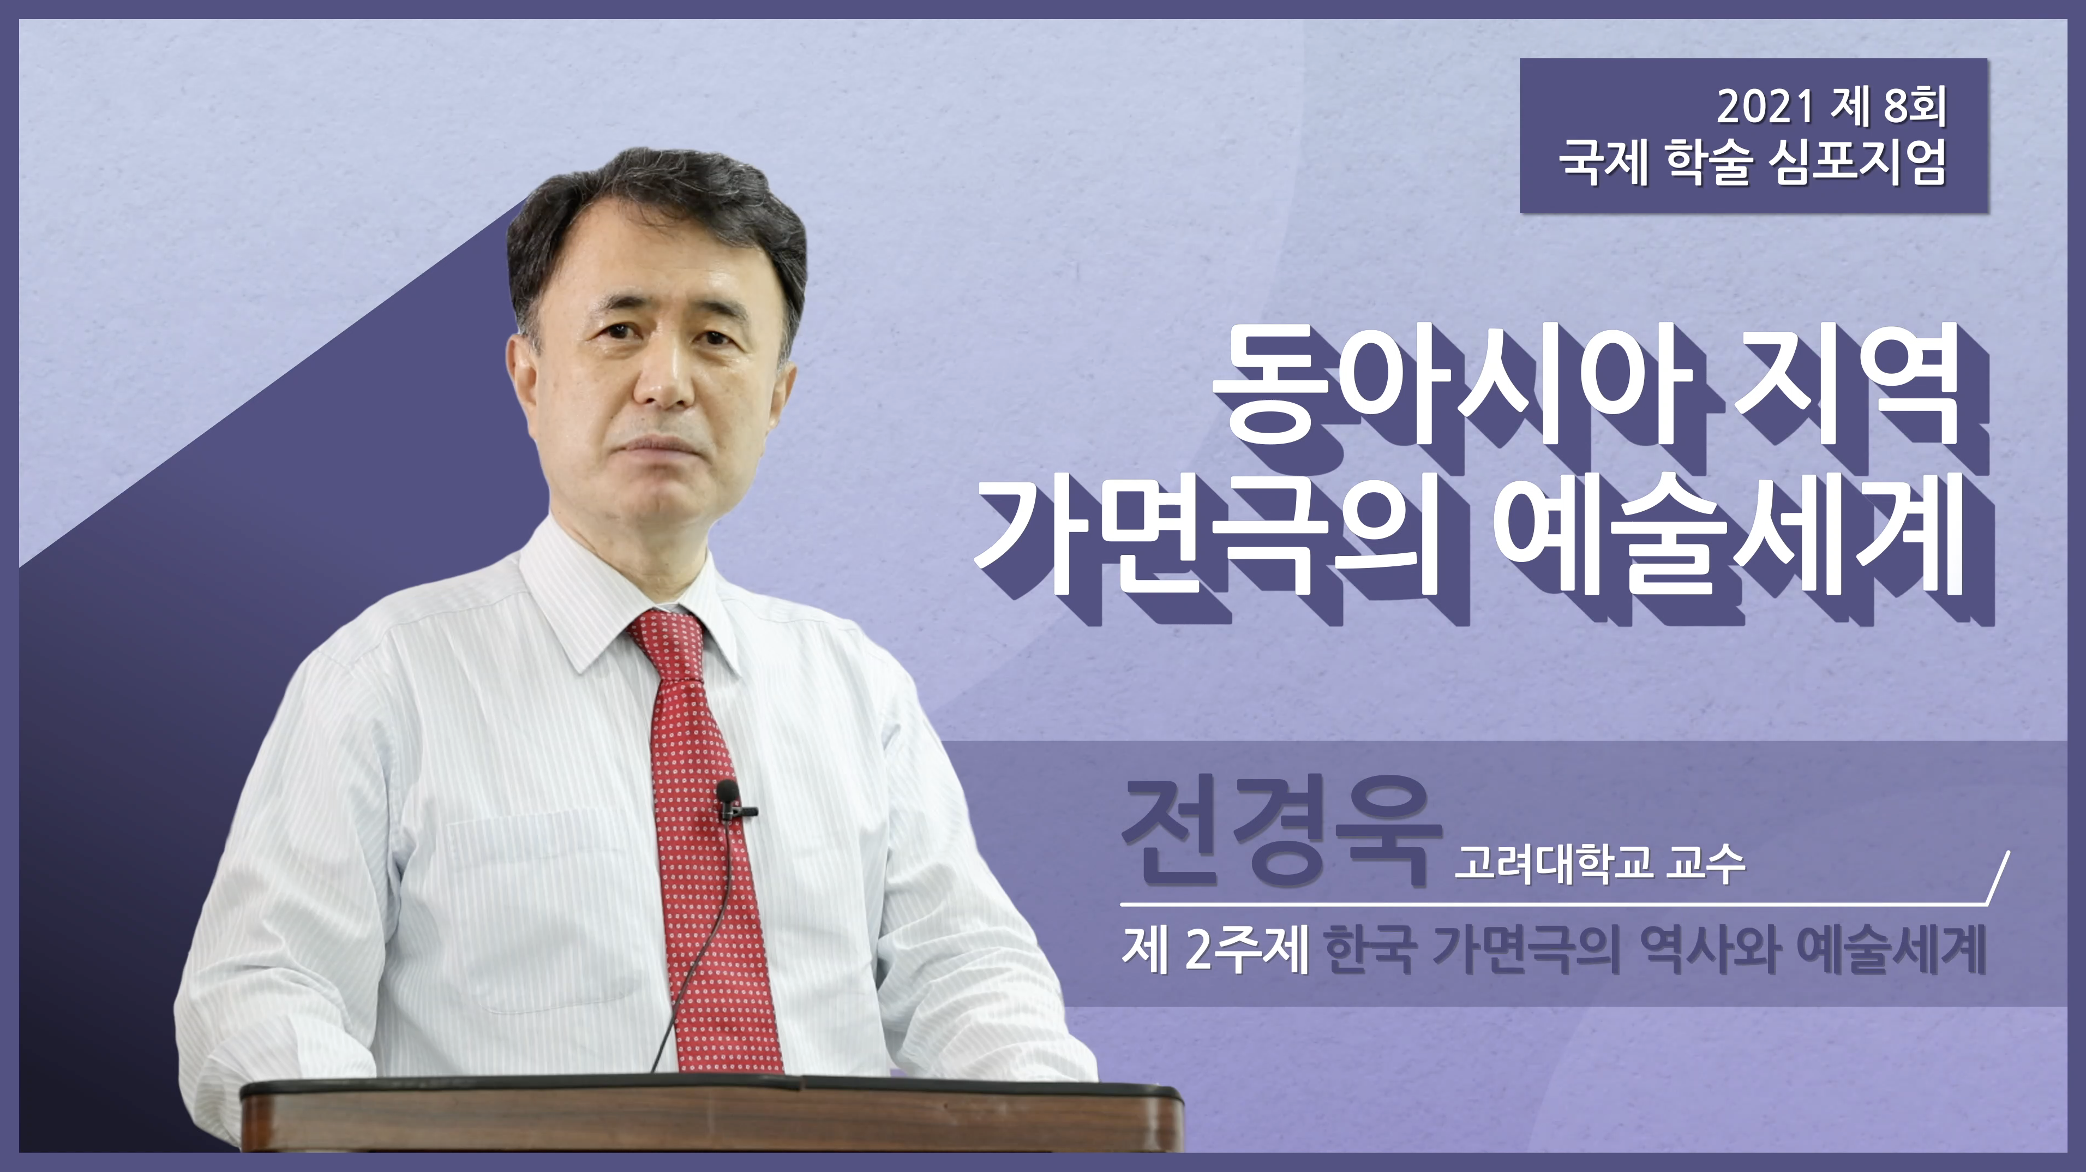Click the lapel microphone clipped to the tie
pos(730,800)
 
